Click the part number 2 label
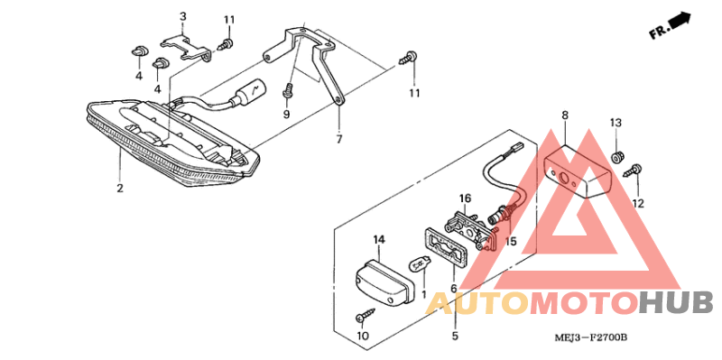119,188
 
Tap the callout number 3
182,17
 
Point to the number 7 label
339,140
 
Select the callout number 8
565,115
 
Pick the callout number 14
379,239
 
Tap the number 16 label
465,198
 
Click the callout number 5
455,336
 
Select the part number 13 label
616,122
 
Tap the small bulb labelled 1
419,265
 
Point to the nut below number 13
616,158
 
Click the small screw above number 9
289,90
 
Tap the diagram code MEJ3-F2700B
591,337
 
